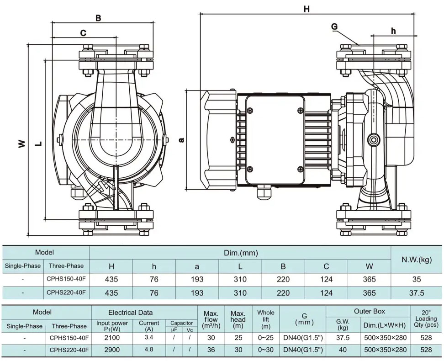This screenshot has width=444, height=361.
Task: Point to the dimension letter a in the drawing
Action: [182, 139]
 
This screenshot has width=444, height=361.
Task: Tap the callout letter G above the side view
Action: [334, 27]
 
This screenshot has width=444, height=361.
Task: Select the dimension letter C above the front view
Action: [83, 33]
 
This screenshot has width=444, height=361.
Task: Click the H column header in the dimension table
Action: [111, 266]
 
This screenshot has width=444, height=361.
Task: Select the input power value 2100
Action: [112, 338]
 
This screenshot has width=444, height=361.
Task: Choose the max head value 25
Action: [238, 338]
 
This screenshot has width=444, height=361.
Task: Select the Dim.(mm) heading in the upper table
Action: [240, 253]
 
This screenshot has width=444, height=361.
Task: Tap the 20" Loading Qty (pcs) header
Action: [426, 319]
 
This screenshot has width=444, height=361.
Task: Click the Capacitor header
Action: [181, 323]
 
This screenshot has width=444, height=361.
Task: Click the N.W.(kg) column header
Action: [416, 260]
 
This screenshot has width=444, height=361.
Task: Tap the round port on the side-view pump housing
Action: [374, 139]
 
